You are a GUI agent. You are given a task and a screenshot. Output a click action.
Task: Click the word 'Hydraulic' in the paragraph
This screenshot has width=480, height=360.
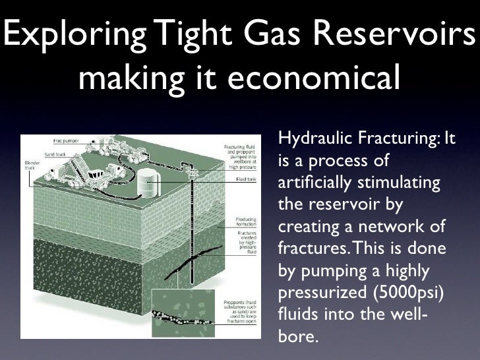click(x=315, y=139)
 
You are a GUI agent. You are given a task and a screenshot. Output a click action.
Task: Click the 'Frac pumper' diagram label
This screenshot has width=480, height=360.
click(x=64, y=140)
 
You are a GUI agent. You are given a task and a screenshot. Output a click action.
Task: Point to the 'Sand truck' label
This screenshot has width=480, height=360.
click(x=55, y=154)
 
